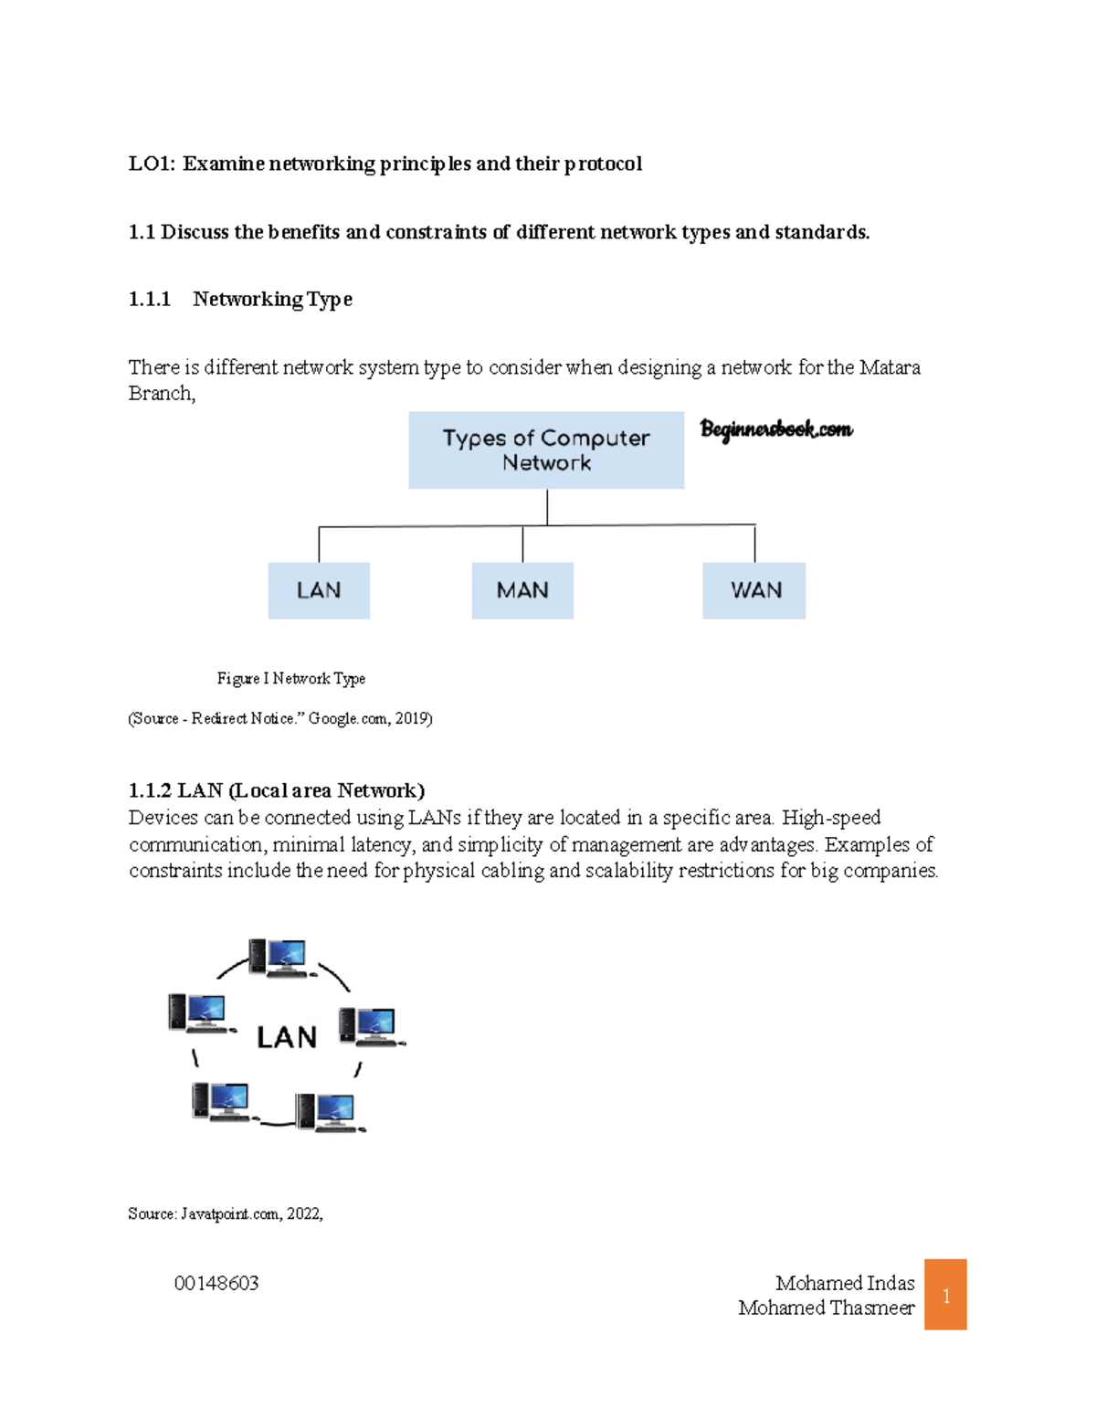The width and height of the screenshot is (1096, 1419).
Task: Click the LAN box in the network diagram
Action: pyautogui.click(x=319, y=590)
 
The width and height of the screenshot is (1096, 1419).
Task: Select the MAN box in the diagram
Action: pyautogui.click(x=522, y=590)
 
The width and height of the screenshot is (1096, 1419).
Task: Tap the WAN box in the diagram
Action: pyautogui.click(x=754, y=590)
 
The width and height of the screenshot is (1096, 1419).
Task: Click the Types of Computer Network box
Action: pyautogui.click(x=546, y=450)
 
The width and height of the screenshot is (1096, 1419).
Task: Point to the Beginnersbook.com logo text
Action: pyautogui.click(x=776, y=429)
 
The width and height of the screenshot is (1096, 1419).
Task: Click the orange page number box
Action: pyautogui.click(x=945, y=1295)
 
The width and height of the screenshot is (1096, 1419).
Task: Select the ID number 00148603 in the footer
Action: pyautogui.click(x=216, y=1283)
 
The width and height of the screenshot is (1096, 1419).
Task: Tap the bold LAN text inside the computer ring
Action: pyautogui.click(x=287, y=1038)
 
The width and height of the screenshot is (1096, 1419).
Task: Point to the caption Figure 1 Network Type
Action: pyautogui.click(x=291, y=678)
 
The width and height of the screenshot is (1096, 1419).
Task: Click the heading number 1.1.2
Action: pyautogui.click(x=150, y=790)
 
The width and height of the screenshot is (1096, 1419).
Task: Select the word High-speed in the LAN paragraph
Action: pyautogui.click(x=831, y=817)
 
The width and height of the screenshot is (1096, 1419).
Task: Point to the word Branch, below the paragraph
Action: pyautogui.click(x=162, y=393)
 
